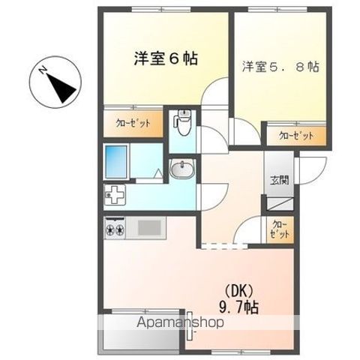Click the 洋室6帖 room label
[166, 58]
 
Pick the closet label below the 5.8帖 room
[295, 136]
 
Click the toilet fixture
[184, 120]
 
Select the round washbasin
[182, 170]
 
